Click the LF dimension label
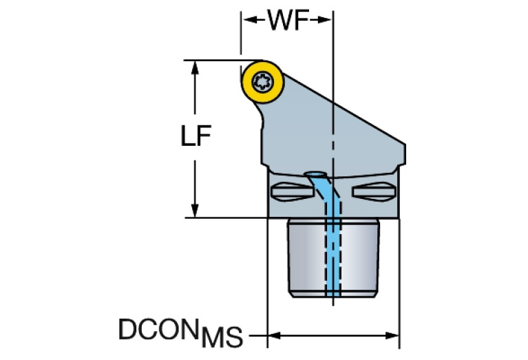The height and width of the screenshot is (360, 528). [196, 137]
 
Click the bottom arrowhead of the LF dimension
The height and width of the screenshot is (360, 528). [196, 212]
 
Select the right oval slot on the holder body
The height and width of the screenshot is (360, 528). [372, 191]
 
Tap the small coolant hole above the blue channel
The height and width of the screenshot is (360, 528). [316, 174]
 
